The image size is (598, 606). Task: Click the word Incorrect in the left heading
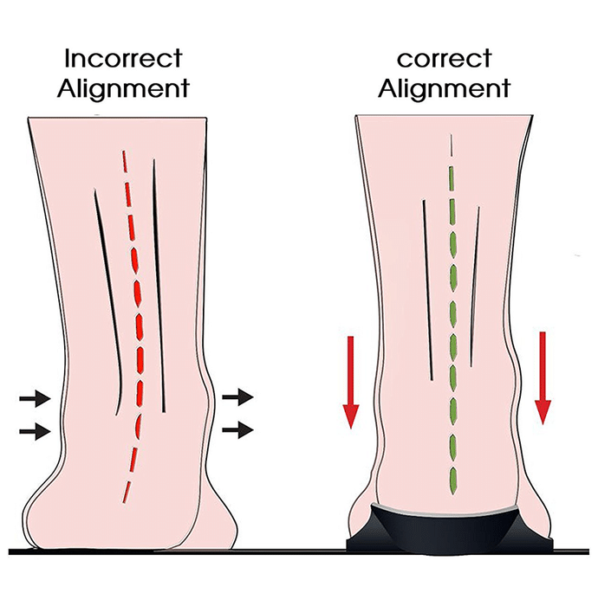coord(123,58)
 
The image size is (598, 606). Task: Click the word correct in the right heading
coord(444,59)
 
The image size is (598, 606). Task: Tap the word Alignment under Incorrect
coord(123,89)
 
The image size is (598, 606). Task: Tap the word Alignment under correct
coord(444,89)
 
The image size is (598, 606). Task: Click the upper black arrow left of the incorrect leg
coord(35,397)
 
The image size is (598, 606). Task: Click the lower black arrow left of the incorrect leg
coord(35,431)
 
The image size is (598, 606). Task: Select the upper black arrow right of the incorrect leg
coord(237,396)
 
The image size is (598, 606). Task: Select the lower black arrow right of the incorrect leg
coord(237,429)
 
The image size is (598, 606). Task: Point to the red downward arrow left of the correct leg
coord(351,383)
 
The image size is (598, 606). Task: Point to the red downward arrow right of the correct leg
coord(543,378)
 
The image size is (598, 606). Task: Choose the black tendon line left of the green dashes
coord(427,290)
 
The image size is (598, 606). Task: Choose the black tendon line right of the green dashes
coord(475,287)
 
